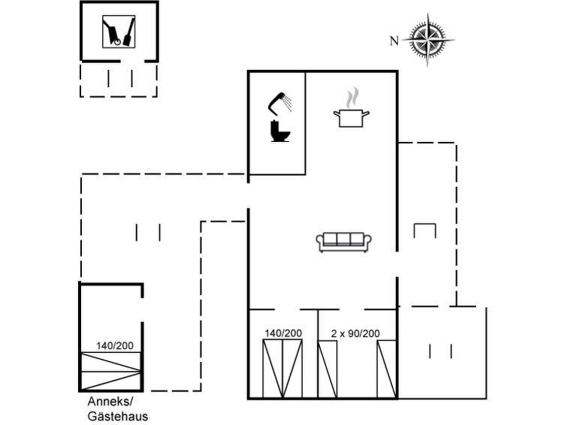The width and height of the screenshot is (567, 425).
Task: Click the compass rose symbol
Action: [x=429, y=40]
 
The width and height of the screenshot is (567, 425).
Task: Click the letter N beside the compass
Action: [x=394, y=41]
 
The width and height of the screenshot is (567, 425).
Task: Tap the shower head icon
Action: [x=281, y=101]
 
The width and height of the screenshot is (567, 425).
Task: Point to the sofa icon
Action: [x=344, y=242]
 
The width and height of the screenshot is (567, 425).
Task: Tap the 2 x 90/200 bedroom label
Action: [x=355, y=333]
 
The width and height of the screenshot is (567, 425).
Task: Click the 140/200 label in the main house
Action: [x=283, y=333]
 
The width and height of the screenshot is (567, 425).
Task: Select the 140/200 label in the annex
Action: [x=115, y=346]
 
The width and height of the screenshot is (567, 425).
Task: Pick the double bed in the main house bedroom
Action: [x=282, y=368]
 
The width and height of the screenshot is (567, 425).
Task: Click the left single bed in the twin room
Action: [x=327, y=368]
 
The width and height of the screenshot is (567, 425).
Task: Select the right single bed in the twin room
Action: [x=386, y=368]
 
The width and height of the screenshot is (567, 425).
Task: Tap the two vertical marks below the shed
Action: [x=120, y=78]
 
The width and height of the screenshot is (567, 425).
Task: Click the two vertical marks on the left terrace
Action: [x=148, y=232]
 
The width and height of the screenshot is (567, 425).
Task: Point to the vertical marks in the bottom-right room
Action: [x=440, y=351]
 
